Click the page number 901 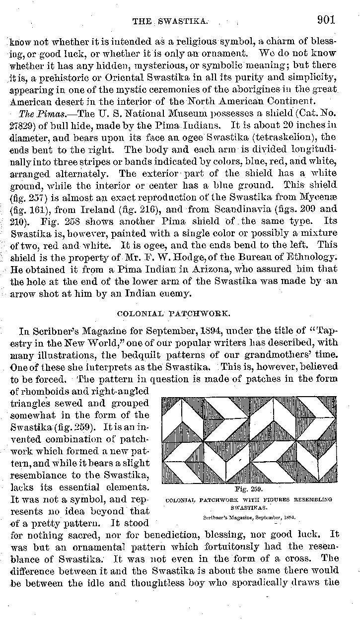325,20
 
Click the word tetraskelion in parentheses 280,138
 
